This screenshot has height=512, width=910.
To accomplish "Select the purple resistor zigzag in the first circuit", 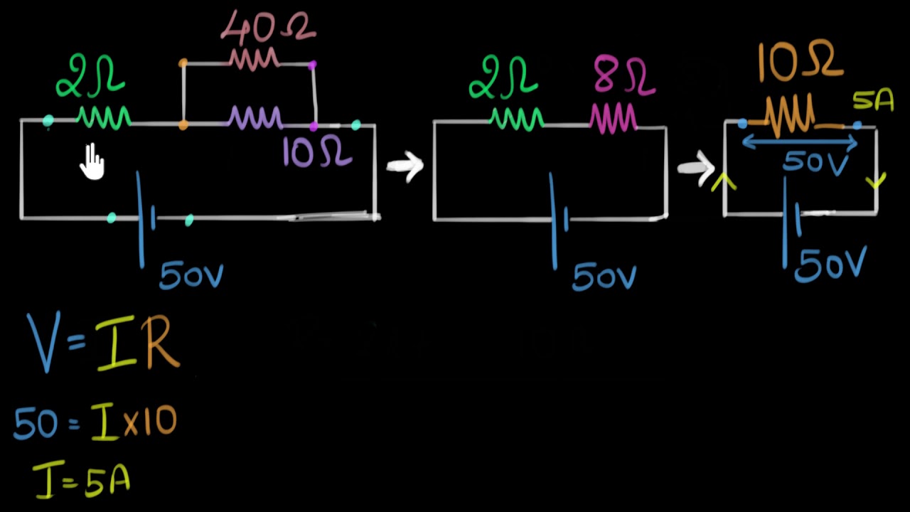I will [x=255, y=118].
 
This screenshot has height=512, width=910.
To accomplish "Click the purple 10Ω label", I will [x=316, y=151].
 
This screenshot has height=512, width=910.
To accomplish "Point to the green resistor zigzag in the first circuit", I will [x=104, y=118].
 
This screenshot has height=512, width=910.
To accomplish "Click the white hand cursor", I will [x=92, y=161].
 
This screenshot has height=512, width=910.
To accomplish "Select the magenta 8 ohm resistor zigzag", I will [x=613, y=118].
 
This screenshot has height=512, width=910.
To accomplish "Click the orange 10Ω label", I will [x=799, y=62].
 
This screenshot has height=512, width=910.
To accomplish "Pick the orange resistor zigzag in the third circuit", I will [x=791, y=117].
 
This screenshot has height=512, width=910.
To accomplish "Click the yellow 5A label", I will [x=872, y=101].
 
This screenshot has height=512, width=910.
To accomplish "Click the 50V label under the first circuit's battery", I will [x=191, y=275].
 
